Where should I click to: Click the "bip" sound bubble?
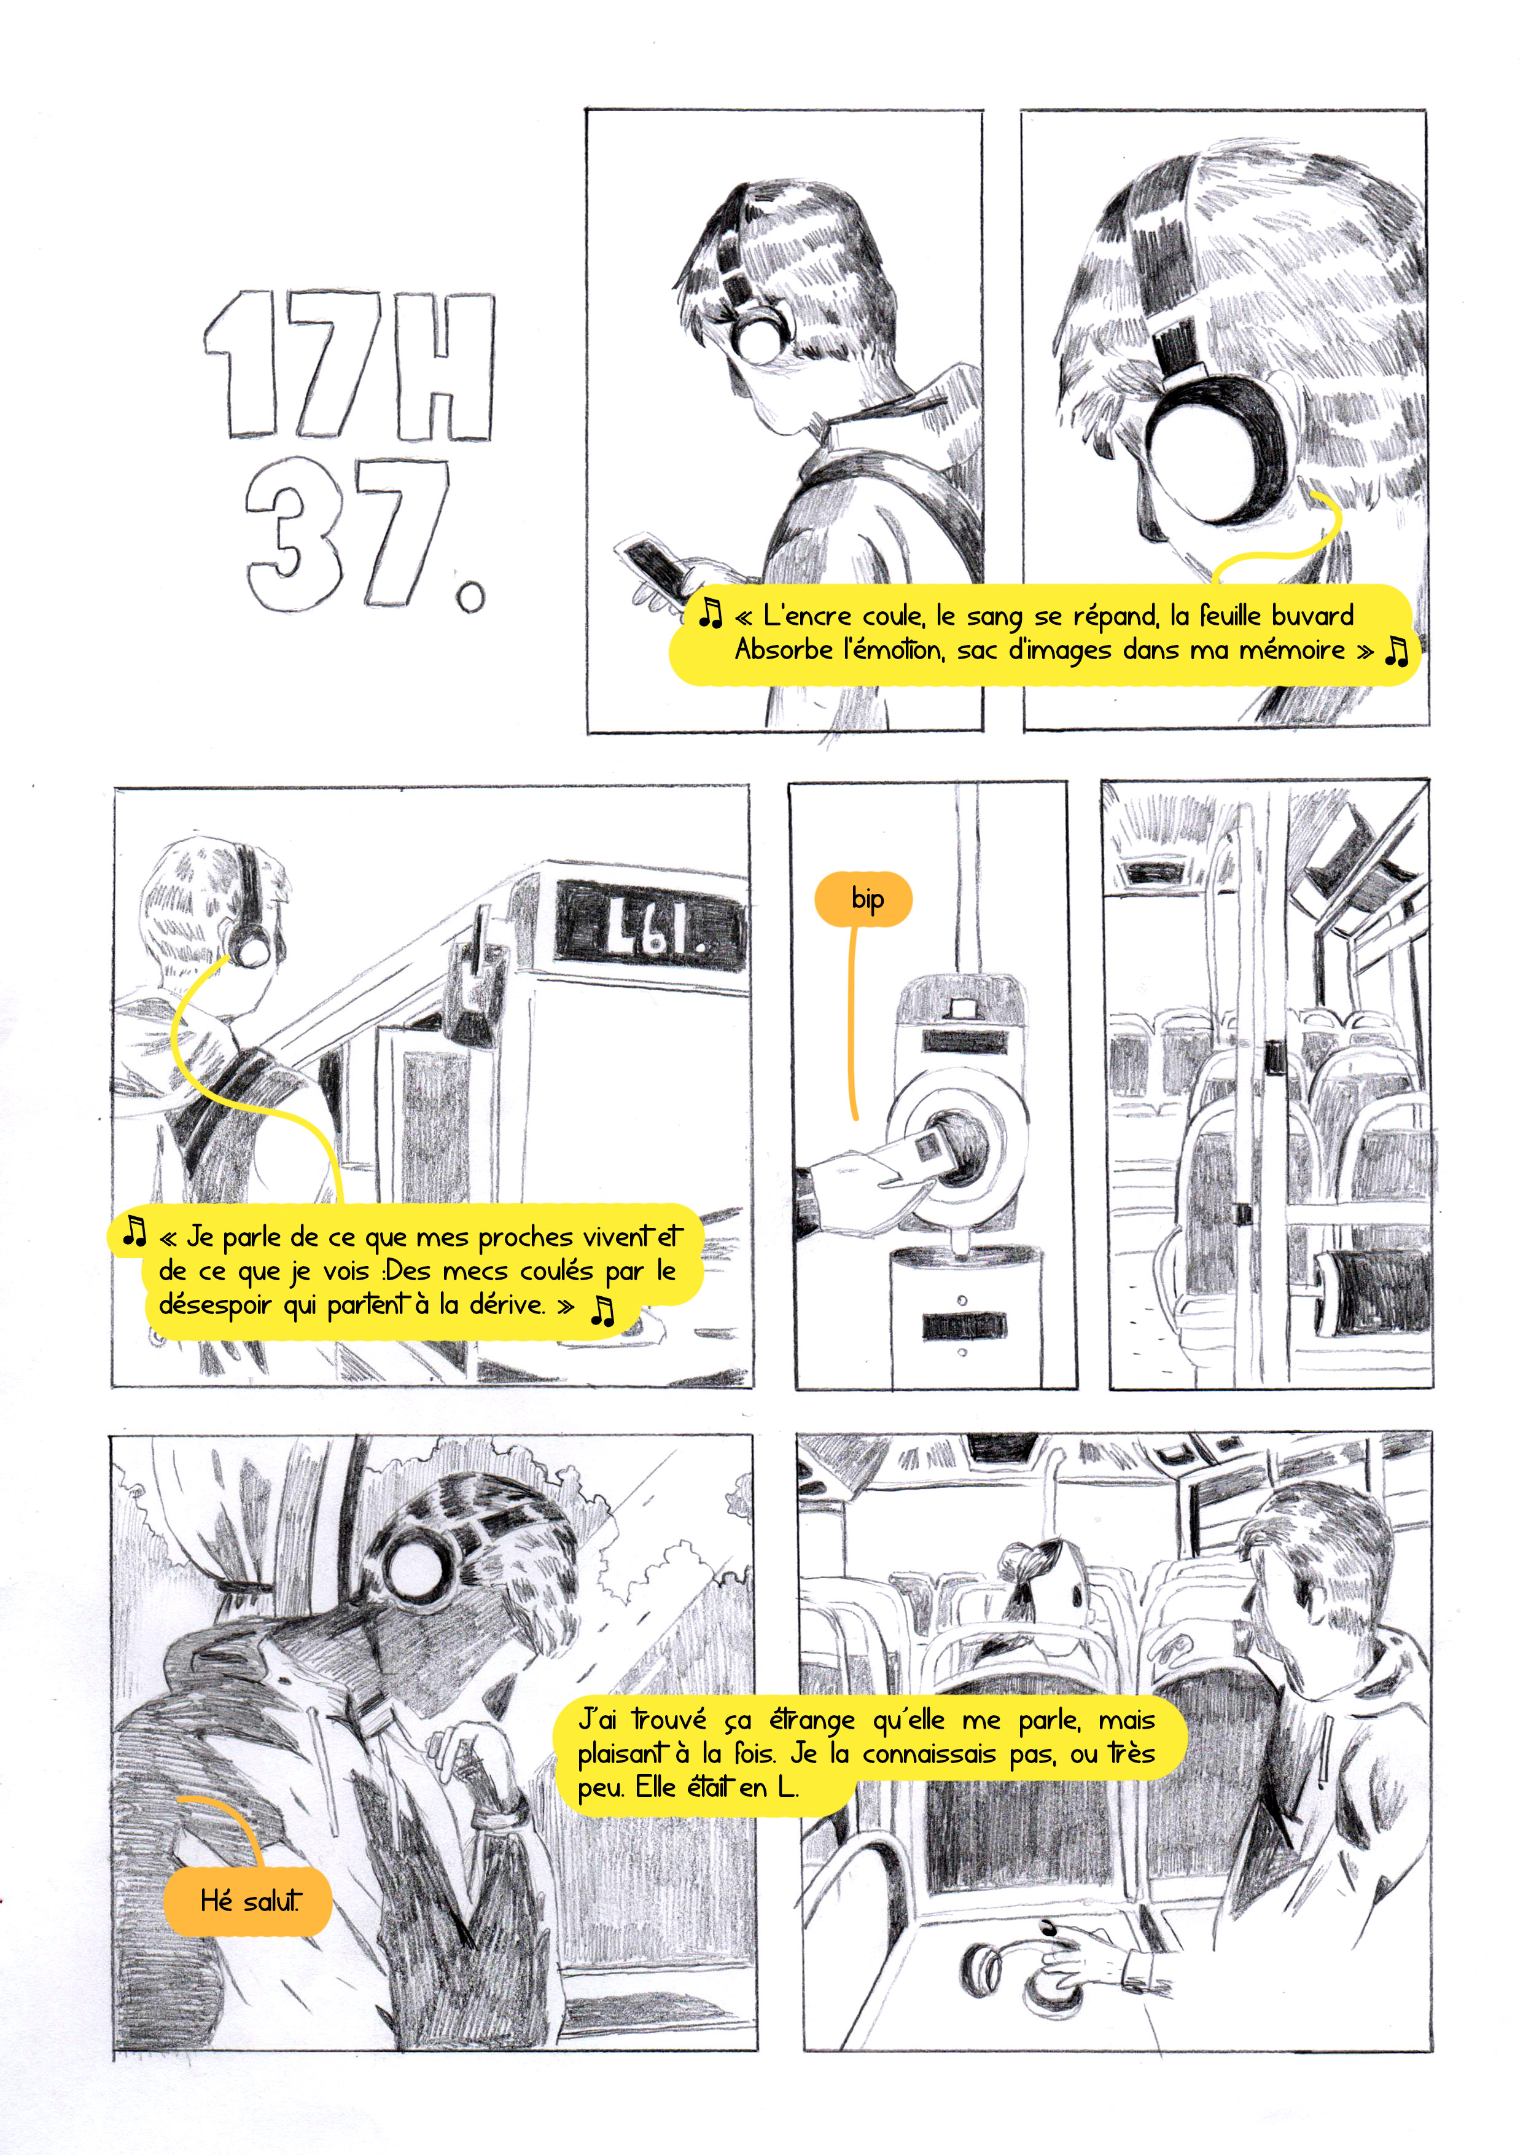(863, 899)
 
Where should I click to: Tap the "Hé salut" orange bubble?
(249, 1901)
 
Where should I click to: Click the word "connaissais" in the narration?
(929, 1753)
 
